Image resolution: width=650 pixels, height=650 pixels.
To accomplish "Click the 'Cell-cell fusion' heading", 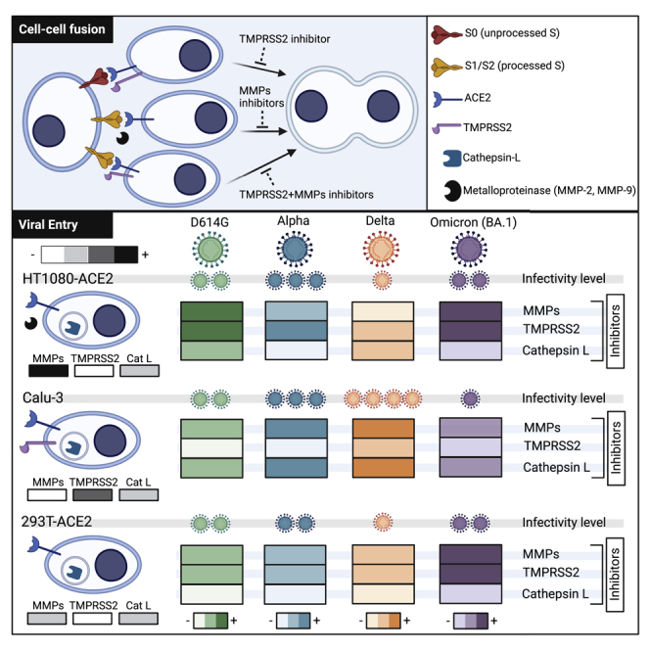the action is point(62,29).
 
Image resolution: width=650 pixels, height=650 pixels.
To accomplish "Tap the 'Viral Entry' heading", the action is point(48,225).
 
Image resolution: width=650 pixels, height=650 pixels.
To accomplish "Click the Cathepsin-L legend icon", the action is point(452,159).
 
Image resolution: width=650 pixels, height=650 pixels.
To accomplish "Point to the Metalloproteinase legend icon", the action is point(452,191).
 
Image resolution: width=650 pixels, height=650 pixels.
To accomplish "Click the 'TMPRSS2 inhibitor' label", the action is point(284,39).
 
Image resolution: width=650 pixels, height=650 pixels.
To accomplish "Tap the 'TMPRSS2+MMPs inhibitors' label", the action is point(306,195).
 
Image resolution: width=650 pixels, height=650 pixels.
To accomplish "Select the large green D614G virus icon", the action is point(210,250).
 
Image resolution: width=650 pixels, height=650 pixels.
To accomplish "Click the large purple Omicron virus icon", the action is point(469,250).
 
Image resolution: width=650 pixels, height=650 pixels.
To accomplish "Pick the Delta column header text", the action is point(380,221).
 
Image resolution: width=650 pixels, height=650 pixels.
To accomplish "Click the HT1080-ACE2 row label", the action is point(68,279).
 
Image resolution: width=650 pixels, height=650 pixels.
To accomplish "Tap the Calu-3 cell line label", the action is point(43,397).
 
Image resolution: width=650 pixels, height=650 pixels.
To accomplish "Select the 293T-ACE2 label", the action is point(57,521).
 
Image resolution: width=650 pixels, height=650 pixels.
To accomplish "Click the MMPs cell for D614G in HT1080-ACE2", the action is point(211,311).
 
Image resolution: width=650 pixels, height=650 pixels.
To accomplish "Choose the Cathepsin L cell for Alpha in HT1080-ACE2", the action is point(296,350).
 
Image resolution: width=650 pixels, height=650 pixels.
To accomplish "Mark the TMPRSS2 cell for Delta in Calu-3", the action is point(383,447).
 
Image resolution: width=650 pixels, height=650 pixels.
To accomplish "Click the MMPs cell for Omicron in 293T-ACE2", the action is point(471,555).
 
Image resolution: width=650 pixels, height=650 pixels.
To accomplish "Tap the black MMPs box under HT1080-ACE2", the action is point(49,371).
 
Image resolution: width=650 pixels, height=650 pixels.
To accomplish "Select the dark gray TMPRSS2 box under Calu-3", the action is point(92,494).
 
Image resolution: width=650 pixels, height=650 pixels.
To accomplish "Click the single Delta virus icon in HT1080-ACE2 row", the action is point(382,281).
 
